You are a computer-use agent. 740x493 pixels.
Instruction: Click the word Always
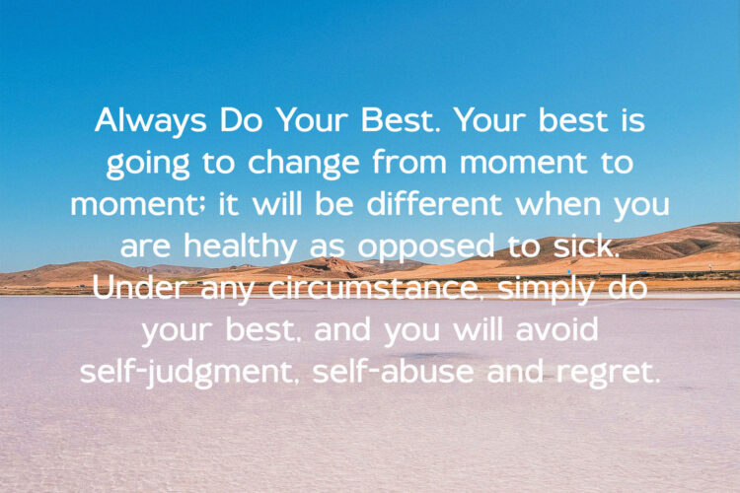point(151,121)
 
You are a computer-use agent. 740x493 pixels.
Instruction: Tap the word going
point(148,165)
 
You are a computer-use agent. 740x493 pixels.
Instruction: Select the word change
point(304,164)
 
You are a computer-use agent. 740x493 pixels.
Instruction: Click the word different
point(433,204)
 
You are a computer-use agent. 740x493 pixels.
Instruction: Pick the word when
point(558,204)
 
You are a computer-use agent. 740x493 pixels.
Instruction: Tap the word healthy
point(240,247)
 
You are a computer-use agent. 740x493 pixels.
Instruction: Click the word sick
point(585,246)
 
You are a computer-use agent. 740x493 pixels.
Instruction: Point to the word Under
point(137,287)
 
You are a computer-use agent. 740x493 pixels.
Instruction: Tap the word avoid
point(557,329)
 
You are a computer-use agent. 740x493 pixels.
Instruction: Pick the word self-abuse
point(393,372)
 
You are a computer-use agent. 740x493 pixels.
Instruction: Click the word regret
point(608,374)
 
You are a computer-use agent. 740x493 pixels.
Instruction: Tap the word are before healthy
point(145,248)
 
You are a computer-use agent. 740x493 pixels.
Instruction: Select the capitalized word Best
point(400,120)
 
